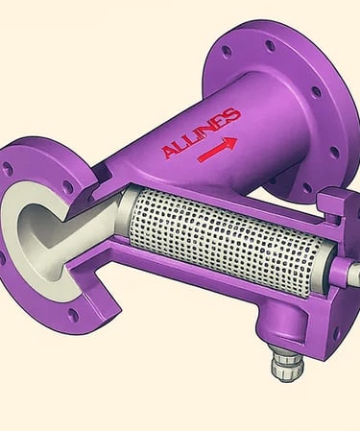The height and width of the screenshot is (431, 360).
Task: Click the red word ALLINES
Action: (202, 133)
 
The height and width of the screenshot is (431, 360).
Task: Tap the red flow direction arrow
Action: (218, 149)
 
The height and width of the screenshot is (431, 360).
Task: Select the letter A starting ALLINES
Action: (170, 152)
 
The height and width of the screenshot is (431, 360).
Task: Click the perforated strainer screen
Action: (224, 237)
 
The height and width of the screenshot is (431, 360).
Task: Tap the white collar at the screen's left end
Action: (124, 209)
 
